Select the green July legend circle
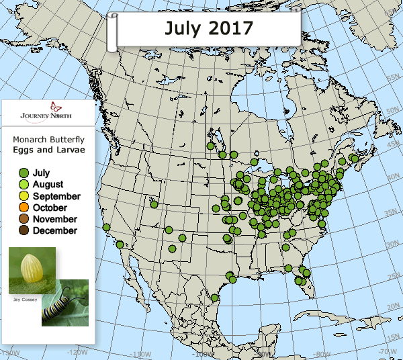tap(24, 173)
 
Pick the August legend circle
tap(24, 185)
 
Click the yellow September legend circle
tap(24, 196)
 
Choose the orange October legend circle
tap(24, 208)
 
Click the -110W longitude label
tap(140, 355)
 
